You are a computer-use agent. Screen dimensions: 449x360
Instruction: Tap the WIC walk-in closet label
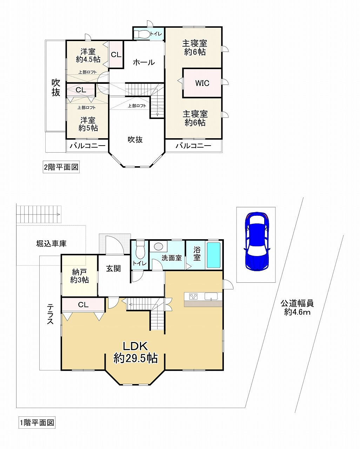tap(202, 83)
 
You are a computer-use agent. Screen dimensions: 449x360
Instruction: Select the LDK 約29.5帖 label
tap(135, 352)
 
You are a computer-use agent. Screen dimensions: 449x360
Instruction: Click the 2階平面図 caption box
tap(61, 167)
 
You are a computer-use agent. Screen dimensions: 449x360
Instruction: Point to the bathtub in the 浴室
tap(213, 255)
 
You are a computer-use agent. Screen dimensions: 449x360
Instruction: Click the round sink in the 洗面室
tap(159, 247)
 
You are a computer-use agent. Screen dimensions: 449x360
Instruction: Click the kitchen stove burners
tap(193, 296)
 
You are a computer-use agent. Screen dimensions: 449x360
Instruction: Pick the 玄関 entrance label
tap(113, 268)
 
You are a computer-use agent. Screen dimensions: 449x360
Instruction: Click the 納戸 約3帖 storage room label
tap(79, 276)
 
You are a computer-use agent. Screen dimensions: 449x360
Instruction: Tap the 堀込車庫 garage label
tap(51, 243)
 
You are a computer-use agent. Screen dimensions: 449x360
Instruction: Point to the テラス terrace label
tap(50, 314)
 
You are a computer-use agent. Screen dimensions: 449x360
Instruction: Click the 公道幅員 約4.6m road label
tap(297, 307)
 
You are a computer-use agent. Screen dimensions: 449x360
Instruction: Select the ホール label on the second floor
tap(144, 62)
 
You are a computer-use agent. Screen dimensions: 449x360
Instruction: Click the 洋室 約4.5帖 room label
tap(88, 55)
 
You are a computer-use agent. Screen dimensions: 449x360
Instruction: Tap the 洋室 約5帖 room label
tap(88, 124)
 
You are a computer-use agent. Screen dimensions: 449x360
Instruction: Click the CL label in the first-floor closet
tap(83, 305)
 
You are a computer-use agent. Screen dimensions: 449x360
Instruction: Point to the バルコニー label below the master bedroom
tap(193, 146)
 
